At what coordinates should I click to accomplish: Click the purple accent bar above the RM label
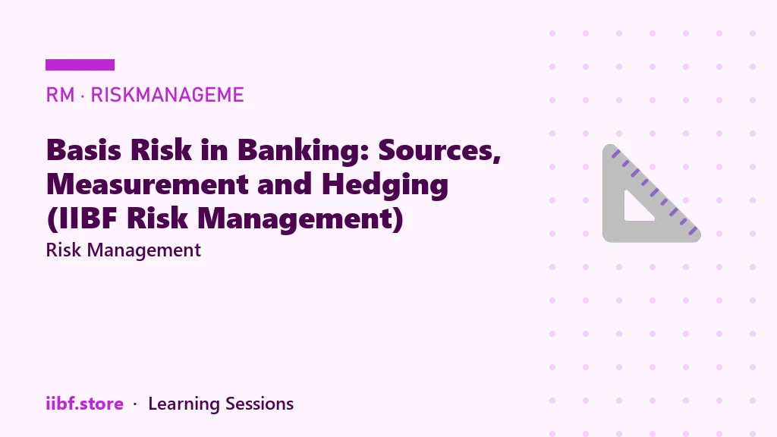click(80, 65)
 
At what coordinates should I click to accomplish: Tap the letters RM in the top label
click(60, 95)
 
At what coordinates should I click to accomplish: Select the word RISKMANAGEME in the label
click(167, 95)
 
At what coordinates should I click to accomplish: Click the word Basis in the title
click(83, 149)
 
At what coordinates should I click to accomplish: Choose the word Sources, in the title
click(439, 151)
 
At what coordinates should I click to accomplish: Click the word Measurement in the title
click(146, 184)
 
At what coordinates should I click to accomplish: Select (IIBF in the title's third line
click(83, 218)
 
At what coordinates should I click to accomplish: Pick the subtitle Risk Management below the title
click(124, 250)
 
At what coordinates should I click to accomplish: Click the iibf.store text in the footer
click(85, 404)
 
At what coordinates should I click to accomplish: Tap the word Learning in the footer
click(184, 404)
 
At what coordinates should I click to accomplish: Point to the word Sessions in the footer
click(260, 404)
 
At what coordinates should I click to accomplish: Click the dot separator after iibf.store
click(135, 405)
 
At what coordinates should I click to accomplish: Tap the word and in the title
click(285, 184)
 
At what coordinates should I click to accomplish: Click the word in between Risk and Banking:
click(214, 149)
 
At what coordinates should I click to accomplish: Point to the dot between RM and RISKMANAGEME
click(82, 95)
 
